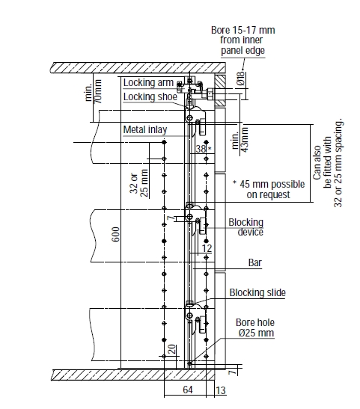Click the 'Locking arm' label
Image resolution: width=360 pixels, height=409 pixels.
(148, 83)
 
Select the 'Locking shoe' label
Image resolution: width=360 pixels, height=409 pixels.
(150, 96)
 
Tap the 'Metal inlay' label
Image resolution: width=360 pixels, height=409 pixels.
(145, 129)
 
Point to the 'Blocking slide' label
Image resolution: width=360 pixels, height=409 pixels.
(257, 292)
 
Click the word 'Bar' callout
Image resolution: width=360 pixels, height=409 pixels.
(254, 262)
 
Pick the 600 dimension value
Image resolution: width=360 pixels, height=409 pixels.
(116, 234)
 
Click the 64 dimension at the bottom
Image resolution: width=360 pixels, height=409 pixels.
(188, 390)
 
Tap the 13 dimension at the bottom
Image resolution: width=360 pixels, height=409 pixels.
(221, 390)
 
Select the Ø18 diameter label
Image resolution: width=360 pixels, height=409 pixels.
(241, 79)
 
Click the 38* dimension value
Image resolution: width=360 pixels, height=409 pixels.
(204, 149)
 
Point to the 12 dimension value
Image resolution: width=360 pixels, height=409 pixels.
(207, 248)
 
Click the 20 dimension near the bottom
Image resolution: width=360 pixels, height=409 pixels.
(172, 349)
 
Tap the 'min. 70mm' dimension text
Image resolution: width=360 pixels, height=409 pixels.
(94, 91)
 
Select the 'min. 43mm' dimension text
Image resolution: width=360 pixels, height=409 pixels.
(240, 140)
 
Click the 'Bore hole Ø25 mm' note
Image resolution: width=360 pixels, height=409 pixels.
(255, 328)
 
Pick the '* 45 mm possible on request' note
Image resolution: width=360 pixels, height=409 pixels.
(269, 189)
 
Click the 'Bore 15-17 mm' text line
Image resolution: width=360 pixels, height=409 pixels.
(242, 30)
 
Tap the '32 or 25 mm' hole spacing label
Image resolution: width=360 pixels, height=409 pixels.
(138, 183)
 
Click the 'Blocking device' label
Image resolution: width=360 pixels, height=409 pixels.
(246, 227)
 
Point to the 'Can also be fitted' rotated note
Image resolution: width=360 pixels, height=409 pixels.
(327, 162)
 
